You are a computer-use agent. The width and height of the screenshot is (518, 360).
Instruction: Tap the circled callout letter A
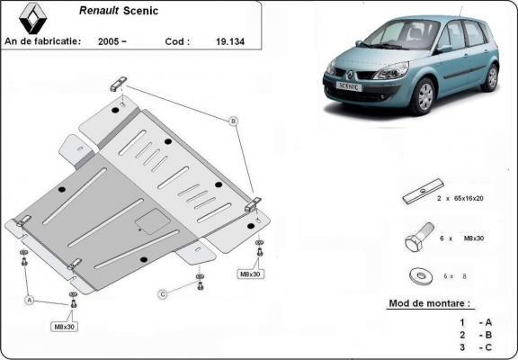pos(31,299)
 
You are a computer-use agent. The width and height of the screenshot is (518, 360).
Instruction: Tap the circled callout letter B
pos(233,121)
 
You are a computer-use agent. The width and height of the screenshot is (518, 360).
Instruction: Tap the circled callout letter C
pos(163,293)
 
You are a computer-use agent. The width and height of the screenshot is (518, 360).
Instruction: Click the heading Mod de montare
pos(429,303)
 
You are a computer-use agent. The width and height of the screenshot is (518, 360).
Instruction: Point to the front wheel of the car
pos(424,96)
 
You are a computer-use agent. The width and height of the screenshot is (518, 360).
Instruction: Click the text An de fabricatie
pos(42,40)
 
